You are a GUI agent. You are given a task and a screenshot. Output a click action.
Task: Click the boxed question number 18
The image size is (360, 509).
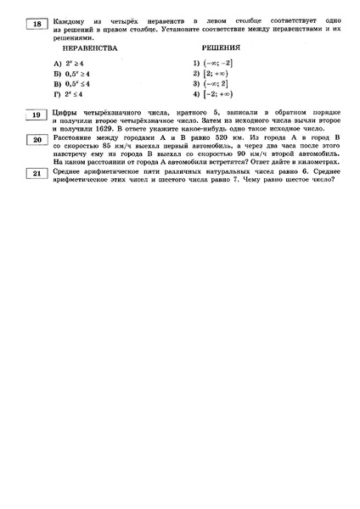(x=37, y=24)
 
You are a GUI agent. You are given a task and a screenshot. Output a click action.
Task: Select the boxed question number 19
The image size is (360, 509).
(x=37, y=115)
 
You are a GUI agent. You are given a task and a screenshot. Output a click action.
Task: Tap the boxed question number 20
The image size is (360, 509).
(x=37, y=138)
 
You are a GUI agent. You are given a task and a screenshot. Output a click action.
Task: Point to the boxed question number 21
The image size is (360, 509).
(x=37, y=173)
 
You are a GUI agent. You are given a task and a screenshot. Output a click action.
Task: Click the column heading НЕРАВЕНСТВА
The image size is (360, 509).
(x=85, y=48)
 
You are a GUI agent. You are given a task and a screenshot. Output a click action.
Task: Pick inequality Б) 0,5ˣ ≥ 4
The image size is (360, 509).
(x=75, y=74)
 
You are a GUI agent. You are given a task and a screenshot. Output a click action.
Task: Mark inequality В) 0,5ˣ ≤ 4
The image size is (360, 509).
(x=75, y=84)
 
